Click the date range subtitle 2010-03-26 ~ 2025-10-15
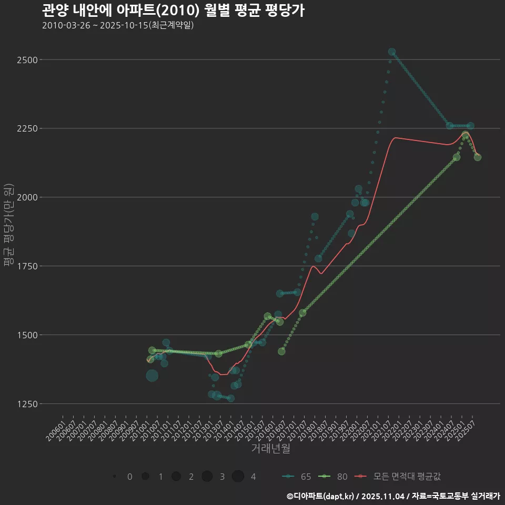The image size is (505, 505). [x=118, y=25]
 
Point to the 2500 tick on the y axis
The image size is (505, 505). [x=27, y=60]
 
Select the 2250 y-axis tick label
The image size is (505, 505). [x=27, y=129]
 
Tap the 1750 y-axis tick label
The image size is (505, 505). [x=27, y=266]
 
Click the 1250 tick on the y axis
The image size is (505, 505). [x=27, y=404]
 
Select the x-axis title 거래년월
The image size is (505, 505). [x=270, y=449]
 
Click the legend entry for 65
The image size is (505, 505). [x=297, y=477]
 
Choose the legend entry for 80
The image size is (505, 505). [x=334, y=477]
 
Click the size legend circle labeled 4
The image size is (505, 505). [x=238, y=477]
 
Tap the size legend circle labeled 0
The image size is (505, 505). [x=114, y=477]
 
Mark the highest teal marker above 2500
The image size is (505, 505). [x=392, y=52]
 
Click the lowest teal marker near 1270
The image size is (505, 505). [x=230, y=398]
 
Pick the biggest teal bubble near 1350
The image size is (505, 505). [x=152, y=376]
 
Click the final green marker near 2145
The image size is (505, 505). [x=477, y=157]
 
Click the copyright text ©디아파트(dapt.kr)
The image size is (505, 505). [x=321, y=496]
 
